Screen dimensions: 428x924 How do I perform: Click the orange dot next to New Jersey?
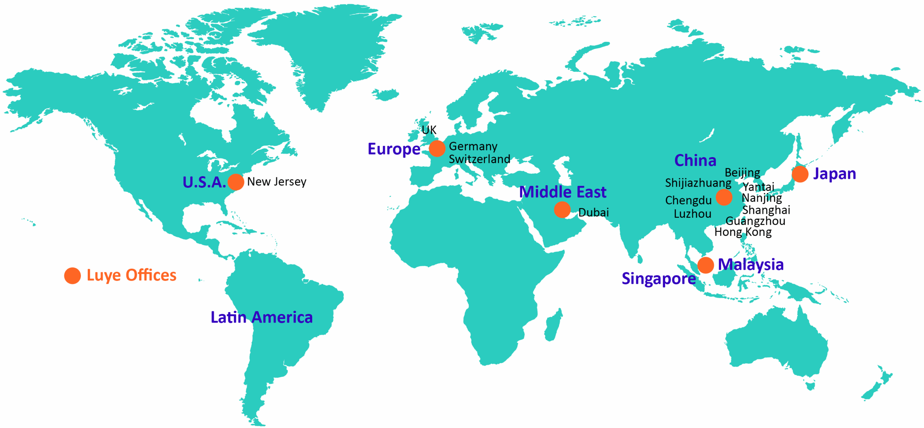point(236,182)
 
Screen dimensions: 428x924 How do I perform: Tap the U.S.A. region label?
point(204,182)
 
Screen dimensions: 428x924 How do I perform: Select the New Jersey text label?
point(276,182)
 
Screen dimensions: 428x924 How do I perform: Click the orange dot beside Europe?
point(437,148)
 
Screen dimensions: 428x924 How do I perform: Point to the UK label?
point(429,130)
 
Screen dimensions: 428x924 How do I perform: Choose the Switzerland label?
point(479,159)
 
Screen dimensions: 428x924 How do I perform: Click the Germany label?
point(473,146)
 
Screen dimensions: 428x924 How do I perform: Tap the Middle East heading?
point(562,192)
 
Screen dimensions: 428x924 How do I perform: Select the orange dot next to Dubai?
point(562,210)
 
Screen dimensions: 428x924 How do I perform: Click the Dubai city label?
point(593,212)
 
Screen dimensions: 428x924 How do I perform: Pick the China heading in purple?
point(695,160)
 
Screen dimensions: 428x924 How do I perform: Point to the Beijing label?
point(742,173)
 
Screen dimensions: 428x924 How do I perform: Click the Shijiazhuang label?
point(698,183)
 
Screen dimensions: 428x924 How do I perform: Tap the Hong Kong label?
point(743,232)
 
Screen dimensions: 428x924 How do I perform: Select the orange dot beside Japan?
point(800,174)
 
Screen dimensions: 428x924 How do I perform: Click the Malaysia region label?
point(751,264)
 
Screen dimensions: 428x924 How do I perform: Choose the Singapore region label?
point(658,278)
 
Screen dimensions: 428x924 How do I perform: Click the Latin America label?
point(262,317)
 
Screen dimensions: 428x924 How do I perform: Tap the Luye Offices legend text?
point(131,275)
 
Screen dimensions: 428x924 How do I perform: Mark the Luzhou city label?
point(692,214)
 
